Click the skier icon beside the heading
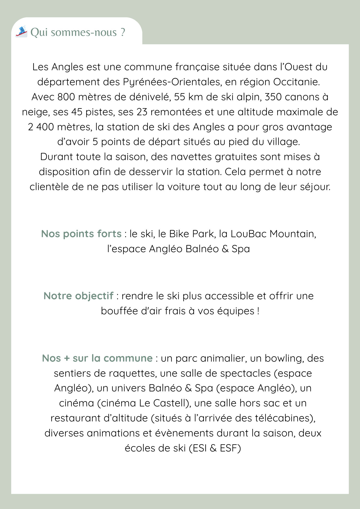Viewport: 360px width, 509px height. coord(21,32)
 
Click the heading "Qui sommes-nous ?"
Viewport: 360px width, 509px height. coord(78,32)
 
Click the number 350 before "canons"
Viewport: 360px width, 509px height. coord(273,97)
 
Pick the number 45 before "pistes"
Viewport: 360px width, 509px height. coord(77,112)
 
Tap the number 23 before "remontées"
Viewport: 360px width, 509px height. coord(142,112)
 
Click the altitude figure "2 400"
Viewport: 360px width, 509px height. coord(41,127)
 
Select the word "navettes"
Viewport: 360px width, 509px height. coord(191,157)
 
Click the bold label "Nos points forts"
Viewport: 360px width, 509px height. coord(81,234)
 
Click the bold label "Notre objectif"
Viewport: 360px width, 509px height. coord(78,296)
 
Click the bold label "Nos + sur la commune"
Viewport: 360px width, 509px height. coord(97,358)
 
